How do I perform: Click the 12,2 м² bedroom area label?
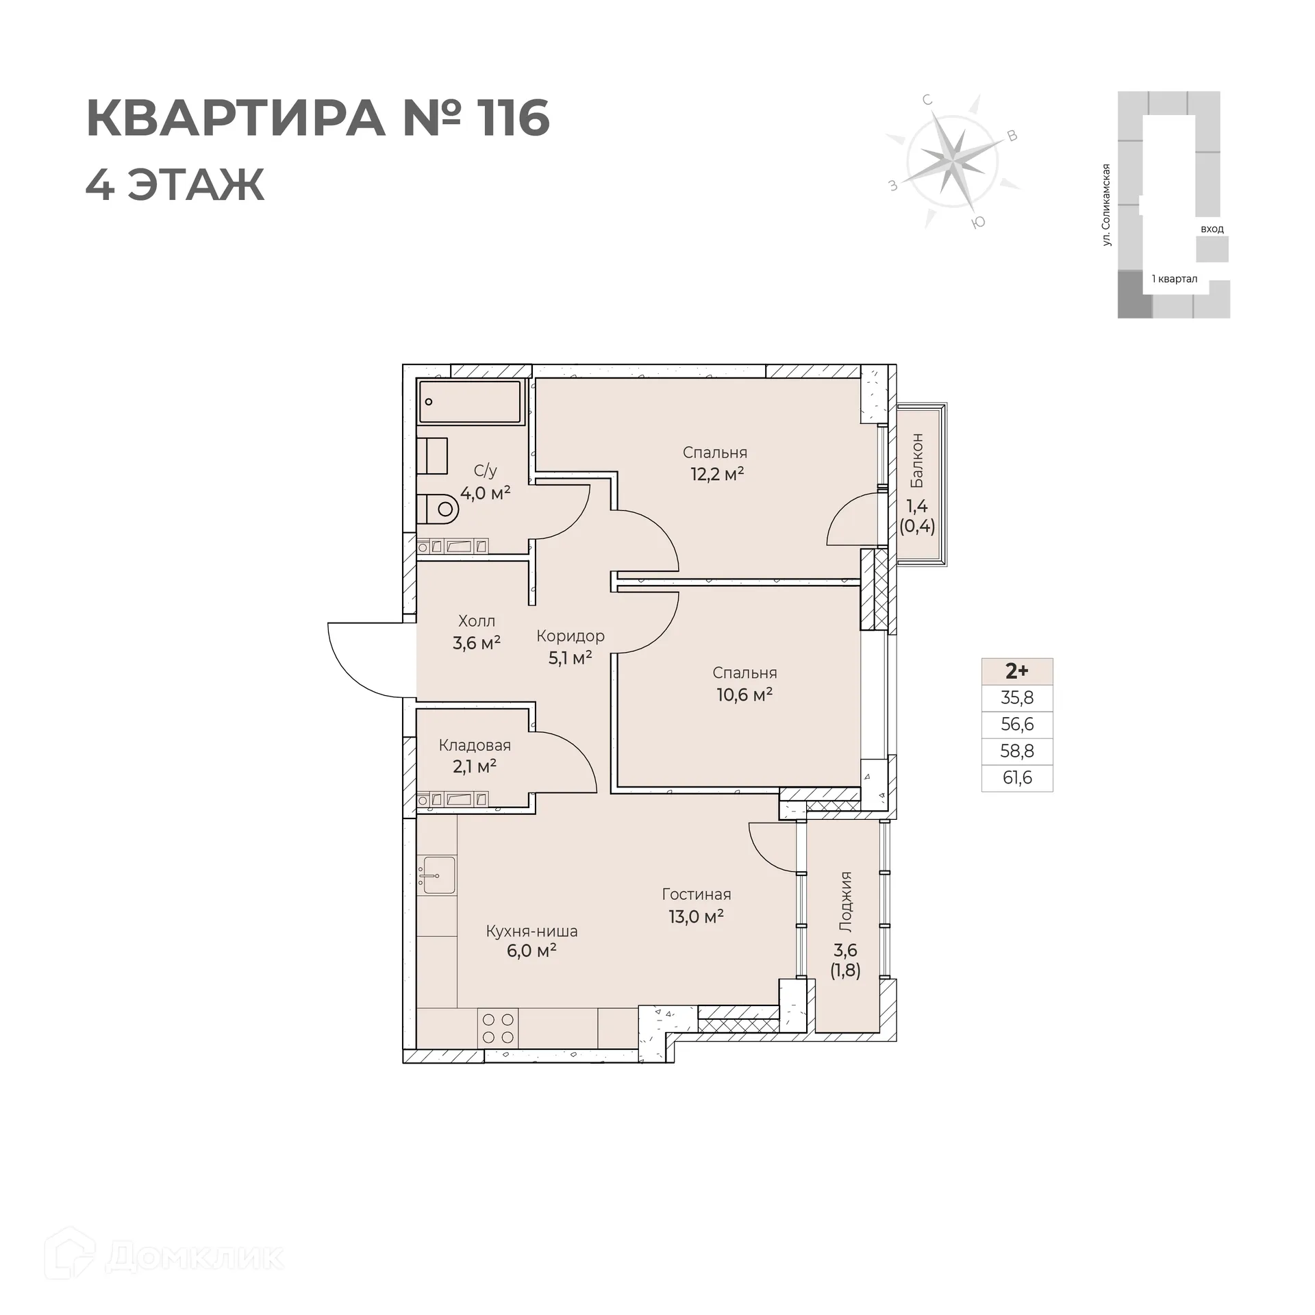point(716,474)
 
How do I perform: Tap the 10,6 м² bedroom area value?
point(744,694)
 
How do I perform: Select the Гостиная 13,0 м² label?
point(696,905)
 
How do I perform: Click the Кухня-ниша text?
point(531,931)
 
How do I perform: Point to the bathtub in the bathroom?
point(470,401)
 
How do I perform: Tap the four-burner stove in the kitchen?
point(498,1028)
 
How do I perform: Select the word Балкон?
point(916,460)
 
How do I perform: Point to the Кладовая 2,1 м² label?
point(475,755)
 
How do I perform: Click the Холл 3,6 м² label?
point(476,631)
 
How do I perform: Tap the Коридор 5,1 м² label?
point(571,646)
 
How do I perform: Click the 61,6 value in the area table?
point(1016,778)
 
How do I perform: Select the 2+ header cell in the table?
point(1016,671)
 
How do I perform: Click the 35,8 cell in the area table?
point(1016,698)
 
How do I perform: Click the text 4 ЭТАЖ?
point(175,185)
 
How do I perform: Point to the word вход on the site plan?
point(1212,229)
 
